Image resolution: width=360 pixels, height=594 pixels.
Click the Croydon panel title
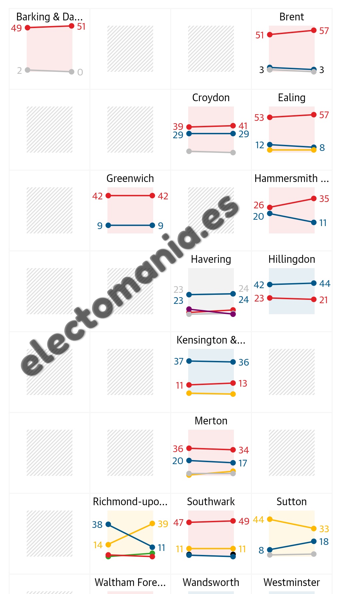(x=211, y=97)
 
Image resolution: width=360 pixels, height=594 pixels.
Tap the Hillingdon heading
(x=292, y=259)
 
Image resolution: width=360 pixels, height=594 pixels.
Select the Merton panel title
(x=211, y=421)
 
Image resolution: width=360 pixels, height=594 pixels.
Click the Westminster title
(x=292, y=582)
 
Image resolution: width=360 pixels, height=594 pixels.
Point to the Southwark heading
(x=211, y=502)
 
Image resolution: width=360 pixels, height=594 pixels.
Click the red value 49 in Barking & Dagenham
(x=16, y=28)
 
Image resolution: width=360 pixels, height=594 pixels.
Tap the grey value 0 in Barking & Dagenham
(x=80, y=72)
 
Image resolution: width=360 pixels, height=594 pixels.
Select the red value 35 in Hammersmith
(x=324, y=199)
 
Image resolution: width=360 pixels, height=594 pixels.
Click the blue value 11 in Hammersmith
(x=323, y=223)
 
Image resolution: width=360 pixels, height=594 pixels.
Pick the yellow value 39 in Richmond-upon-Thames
(x=163, y=524)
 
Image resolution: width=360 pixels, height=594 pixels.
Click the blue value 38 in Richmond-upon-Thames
(x=97, y=525)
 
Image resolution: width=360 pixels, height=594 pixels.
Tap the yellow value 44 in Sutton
(x=259, y=520)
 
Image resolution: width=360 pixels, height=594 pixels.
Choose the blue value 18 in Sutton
(x=324, y=542)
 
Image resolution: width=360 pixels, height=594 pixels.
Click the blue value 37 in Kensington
(x=178, y=361)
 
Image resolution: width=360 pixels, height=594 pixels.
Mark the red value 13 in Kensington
(x=243, y=383)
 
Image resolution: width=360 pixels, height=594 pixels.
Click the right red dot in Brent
(x=314, y=30)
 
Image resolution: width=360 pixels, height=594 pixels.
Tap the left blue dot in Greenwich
(x=108, y=225)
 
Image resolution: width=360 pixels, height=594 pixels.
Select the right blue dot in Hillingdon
(x=314, y=283)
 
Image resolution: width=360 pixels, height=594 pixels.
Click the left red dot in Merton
(x=189, y=448)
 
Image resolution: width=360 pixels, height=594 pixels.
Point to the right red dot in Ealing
(x=314, y=115)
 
